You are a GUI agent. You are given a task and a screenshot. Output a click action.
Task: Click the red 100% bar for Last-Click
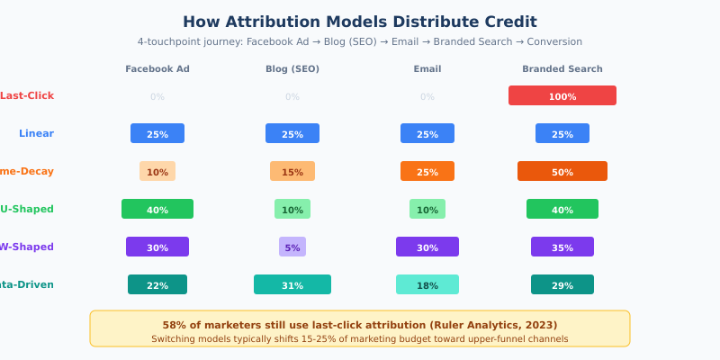pos(562,95)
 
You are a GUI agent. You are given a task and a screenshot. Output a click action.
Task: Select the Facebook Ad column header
pos(157,69)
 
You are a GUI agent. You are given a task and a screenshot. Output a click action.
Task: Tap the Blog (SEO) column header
pos(292,69)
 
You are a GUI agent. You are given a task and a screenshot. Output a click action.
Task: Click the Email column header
pos(427,69)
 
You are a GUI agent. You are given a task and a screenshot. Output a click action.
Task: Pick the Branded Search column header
pos(562,69)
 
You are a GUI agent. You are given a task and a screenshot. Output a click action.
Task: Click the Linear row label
pos(36,133)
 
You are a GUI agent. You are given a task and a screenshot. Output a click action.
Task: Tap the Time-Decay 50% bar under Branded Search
pos(562,171)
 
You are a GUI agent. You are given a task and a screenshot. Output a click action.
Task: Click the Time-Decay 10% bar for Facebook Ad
pos(157,171)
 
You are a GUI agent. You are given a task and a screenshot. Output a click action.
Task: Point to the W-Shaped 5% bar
pos(292,247)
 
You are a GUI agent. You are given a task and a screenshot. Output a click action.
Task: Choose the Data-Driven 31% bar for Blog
pos(292,284)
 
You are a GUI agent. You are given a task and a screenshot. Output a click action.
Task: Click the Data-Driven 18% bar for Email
pos(427,284)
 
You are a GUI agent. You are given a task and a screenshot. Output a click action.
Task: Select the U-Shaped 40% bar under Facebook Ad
pos(157,209)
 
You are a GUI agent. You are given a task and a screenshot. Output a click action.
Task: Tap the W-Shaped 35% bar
pos(562,247)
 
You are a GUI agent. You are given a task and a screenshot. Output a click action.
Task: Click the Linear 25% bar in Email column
pos(427,133)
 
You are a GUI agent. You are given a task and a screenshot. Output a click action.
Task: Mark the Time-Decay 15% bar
pos(292,171)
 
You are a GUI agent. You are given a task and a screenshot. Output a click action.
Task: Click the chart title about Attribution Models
pos(360,22)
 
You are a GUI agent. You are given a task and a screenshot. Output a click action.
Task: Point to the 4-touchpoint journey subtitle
pos(360,41)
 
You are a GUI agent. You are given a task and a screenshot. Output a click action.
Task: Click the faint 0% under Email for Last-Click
pos(427,96)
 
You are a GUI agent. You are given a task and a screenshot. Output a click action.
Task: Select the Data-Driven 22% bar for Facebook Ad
pos(157,284)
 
